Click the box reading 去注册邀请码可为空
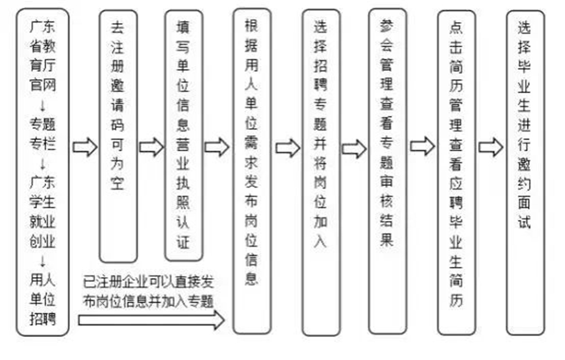tap(118, 136)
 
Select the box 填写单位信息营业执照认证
tap(184, 136)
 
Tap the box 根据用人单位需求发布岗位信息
tap(252, 172)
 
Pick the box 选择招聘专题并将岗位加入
tap(321, 172)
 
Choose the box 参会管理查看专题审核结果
tap(388, 172)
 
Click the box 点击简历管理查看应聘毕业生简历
tap(457, 172)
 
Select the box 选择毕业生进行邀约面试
tap(525, 172)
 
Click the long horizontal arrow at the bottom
tap(151, 320)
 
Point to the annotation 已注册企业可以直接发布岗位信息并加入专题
tap(149, 292)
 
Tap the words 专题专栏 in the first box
tap(42, 134)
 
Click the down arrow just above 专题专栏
tap(43, 106)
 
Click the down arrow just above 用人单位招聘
tap(43, 261)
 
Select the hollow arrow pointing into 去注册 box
tap(85, 147)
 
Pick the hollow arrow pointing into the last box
tap(491, 147)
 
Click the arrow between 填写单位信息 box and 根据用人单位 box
tap(217, 147)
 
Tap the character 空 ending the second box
tap(118, 184)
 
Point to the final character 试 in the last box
tap(525, 220)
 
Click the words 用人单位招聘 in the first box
tap(42, 299)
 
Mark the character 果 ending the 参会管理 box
tap(386, 239)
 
